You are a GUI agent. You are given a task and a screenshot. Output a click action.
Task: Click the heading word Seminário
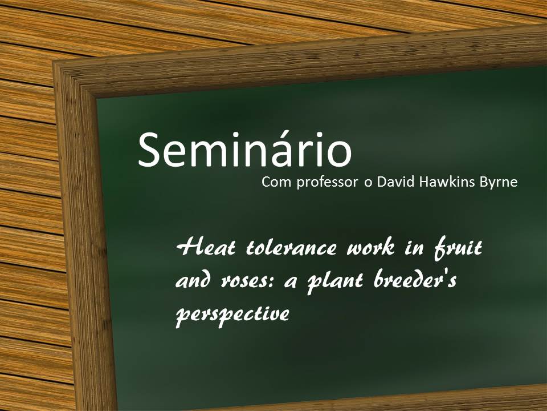[x=245, y=149]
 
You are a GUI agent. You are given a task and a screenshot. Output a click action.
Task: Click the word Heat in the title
[x=206, y=247]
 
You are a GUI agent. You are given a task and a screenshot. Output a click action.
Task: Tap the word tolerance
[x=292, y=247]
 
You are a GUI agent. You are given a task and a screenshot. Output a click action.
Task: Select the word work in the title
[x=371, y=247]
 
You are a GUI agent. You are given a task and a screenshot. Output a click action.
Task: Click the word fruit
[x=458, y=248]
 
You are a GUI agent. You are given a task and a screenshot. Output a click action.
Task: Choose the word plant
[x=334, y=283]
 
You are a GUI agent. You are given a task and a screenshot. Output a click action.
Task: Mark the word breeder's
[x=415, y=280]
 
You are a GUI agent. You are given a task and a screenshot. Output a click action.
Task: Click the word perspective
[x=232, y=314]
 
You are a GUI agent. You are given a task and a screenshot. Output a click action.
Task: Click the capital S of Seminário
[x=149, y=150]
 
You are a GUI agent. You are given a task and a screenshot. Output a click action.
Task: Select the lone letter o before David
[x=368, y=183]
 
